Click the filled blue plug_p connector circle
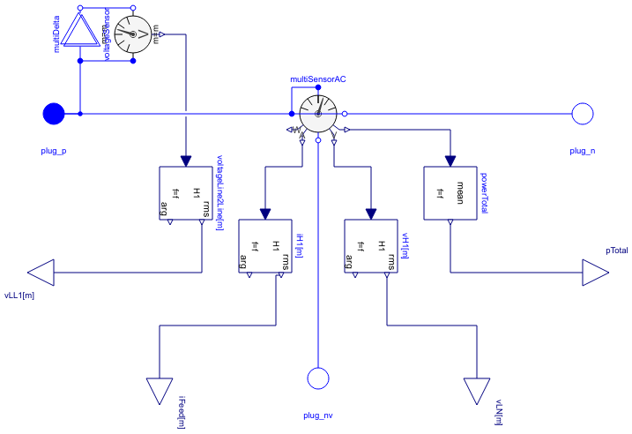(x=54, y=114)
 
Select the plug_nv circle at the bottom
(x=317, y=378)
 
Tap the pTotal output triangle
(x=595, y=273)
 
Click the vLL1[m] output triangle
(x=41, y=273)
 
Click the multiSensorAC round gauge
(x=317, y=114)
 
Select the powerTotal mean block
(x=450, y=193)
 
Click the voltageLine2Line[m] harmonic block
(x=185, y=193)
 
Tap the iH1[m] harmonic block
(x=264, y=246)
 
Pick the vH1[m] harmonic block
(x=370, y=246)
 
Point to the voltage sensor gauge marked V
(x=133, y=34)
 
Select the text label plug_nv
(x=317, y=415)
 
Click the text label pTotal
(x=616, y=251)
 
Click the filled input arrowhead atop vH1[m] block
(x=370, y=213)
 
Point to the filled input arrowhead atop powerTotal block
(x=450, y=161)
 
